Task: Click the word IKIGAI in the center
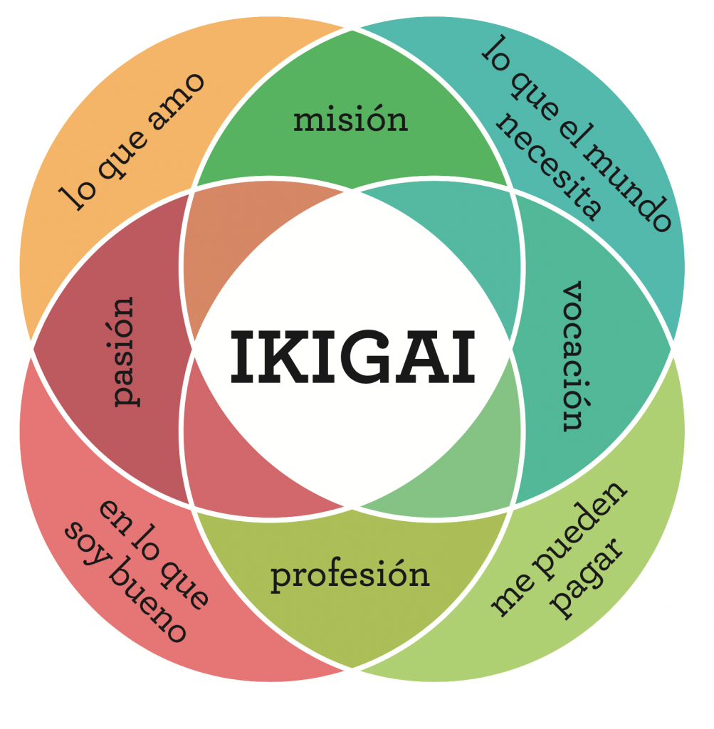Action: [x=353, y=356]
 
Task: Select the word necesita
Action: [x=550, y=167]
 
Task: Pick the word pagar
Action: [x=587, y=579]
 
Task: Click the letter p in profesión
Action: [x=280, y=579]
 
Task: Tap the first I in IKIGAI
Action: [x=243, y=357]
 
